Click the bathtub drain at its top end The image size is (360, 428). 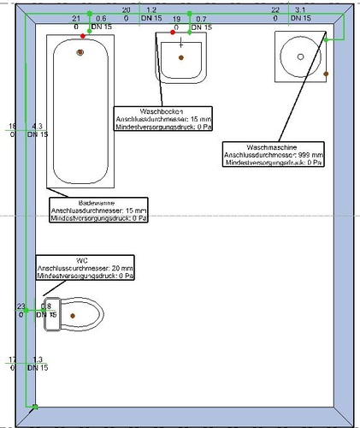click(x=80, y=52)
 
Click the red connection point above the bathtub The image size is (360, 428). click(x=82, y=35)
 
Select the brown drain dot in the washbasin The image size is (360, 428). click(x=181, y=56)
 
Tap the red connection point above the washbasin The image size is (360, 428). click(x=173, y=33)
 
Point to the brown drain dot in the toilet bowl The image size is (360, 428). click(x=74, y=316)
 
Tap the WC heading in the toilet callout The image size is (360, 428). click(x=83, y=260)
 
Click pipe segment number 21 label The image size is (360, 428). click(x=76, y=18)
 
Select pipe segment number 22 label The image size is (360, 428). click(x=274, y=9)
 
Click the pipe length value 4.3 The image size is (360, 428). click(x=38, y=126)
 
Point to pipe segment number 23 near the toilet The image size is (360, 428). click(x=21, y=306)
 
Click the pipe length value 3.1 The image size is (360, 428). click(x=300, y=9)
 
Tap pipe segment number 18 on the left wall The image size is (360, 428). click(x=12, y=126)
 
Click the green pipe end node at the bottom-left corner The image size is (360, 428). click(x=34, y=407)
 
